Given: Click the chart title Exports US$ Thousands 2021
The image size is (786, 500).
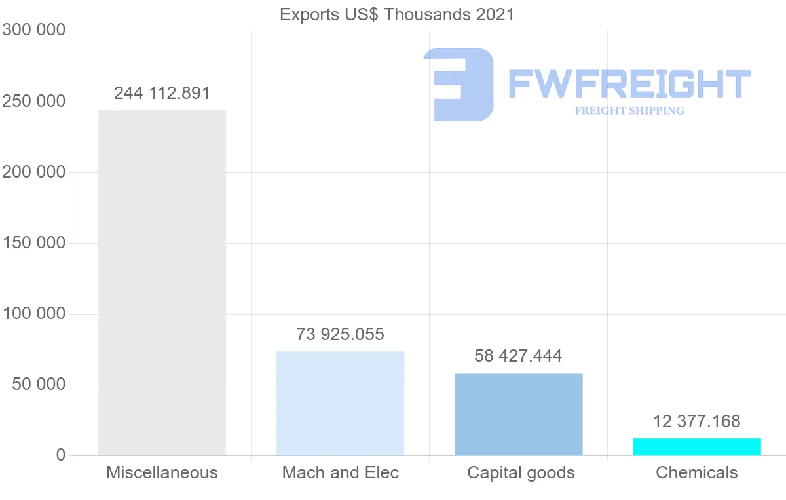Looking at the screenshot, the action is click(397, 15).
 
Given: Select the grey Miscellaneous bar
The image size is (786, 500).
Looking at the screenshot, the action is click(162, 283).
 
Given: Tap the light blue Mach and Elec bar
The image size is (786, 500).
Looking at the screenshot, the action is click(341, 404).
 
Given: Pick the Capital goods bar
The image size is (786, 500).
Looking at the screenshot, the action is click(519, 414).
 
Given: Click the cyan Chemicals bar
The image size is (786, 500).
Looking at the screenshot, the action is click(697, 447).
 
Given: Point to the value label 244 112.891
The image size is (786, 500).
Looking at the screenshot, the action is click(162, 94).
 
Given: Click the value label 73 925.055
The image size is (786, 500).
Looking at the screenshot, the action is click(341, 334).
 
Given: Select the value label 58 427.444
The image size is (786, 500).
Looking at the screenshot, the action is click(518, 356).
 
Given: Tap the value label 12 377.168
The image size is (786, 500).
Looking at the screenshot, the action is click(697, 421).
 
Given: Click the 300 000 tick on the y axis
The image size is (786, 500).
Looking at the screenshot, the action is click(33, 30).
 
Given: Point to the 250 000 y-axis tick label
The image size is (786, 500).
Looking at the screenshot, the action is click(33, 102).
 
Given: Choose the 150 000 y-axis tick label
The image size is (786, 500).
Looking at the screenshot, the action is click(33, 243).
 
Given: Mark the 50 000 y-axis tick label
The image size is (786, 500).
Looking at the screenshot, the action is click(39, 385).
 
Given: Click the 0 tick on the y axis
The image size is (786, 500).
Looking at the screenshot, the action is click(61, 455).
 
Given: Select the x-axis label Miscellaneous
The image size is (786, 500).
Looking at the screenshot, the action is click(162, 472).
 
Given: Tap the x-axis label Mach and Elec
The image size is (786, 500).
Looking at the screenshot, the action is click(341, 472).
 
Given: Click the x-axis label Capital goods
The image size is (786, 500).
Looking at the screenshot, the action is click(521, 473).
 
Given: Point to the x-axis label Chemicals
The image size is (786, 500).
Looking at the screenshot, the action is click(697, 472).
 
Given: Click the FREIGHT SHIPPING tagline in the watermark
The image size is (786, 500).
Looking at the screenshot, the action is click(629, 111).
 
